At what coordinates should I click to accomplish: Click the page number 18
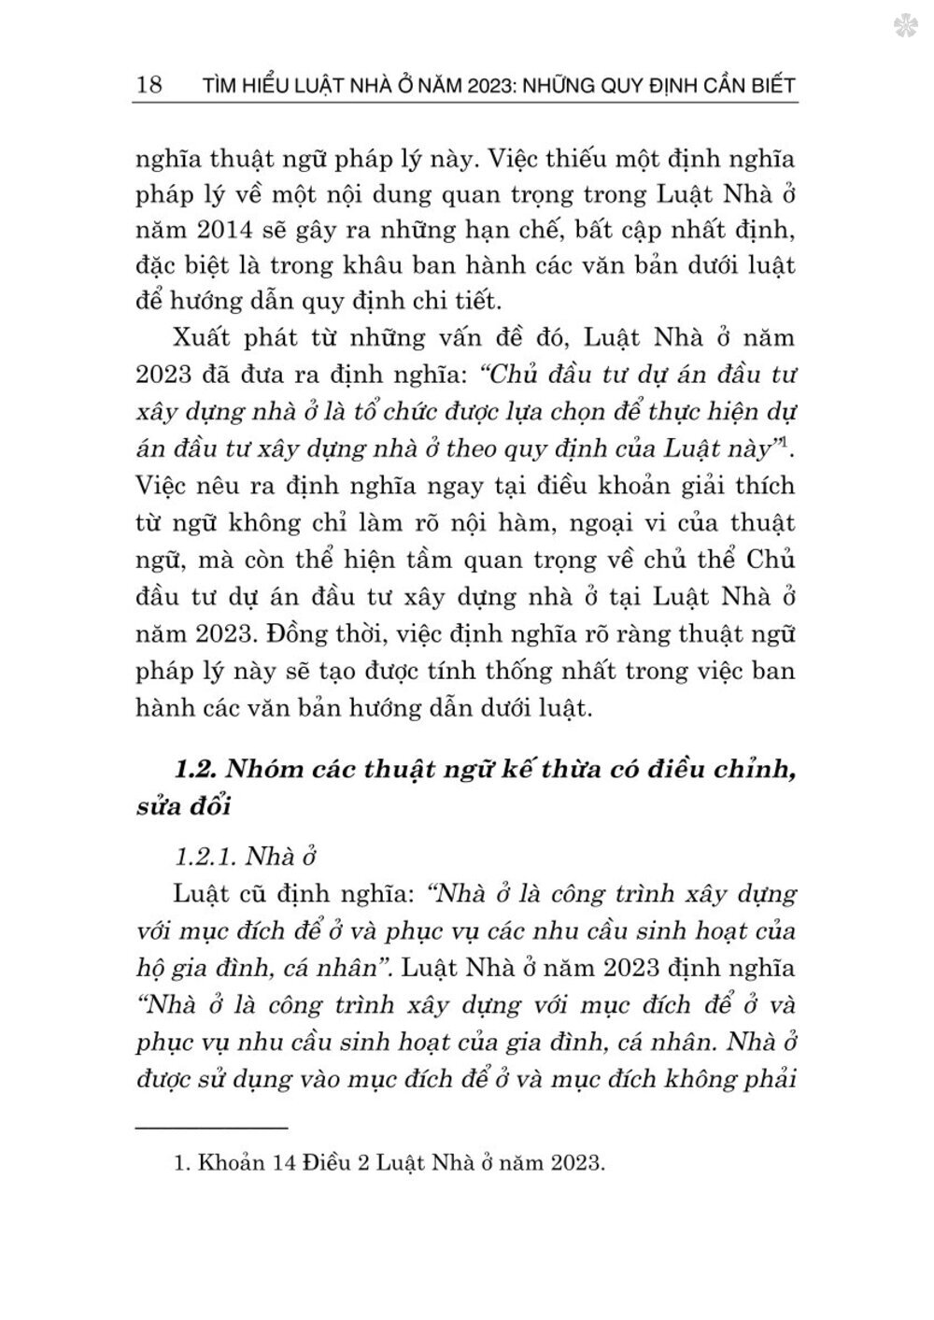(149, 85)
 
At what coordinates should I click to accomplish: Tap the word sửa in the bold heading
(155, 806)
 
